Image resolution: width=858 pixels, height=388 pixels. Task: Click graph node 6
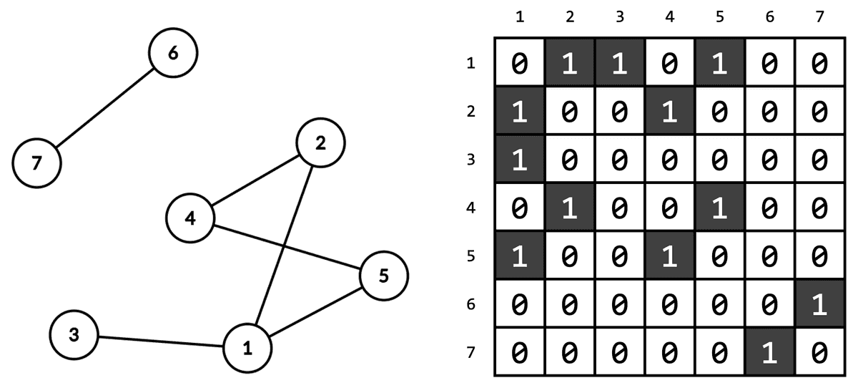point(172,53)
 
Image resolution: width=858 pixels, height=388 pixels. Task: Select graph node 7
point(36,163)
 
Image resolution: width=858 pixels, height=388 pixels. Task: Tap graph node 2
point(320,143)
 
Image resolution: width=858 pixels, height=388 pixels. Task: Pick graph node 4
point(189,218)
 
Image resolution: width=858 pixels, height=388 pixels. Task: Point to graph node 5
point(384,276)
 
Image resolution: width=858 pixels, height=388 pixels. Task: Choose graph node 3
point(74,334)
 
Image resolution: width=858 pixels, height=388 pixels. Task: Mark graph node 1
point(247,349)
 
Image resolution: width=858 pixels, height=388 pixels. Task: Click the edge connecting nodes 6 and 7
point(104,108)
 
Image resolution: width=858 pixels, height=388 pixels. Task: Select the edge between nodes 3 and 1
point(161,341)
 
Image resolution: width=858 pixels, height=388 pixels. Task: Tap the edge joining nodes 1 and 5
point(315,312)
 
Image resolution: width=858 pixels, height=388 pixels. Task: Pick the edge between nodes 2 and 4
point(255,180)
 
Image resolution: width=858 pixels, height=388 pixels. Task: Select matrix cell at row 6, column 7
point(819,304)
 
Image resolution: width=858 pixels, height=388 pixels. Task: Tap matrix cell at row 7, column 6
point(769,352)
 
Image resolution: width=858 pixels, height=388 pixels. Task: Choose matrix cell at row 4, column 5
point(719,208)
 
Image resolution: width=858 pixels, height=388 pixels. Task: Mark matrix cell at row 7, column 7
point(819,352)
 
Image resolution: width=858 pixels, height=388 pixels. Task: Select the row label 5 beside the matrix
point(470,256)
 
